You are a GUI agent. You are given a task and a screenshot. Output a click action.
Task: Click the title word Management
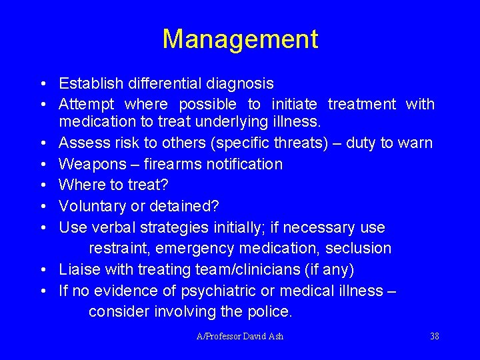pos(240,39)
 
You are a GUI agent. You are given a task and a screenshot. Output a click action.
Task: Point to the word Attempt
pos(86,105)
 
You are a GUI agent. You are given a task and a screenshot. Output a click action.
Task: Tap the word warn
pos(417,143)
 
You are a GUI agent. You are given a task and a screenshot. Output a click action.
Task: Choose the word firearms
pos(175,164)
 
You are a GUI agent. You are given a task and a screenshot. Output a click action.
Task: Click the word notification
pos(245,164)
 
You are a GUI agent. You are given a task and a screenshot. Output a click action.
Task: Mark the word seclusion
pos(361,248)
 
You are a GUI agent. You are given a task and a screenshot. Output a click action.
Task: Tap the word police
pos(269,311)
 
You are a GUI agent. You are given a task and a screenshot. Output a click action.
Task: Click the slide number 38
pos(435,336)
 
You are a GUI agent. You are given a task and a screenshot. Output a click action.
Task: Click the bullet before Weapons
pos(43,164)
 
